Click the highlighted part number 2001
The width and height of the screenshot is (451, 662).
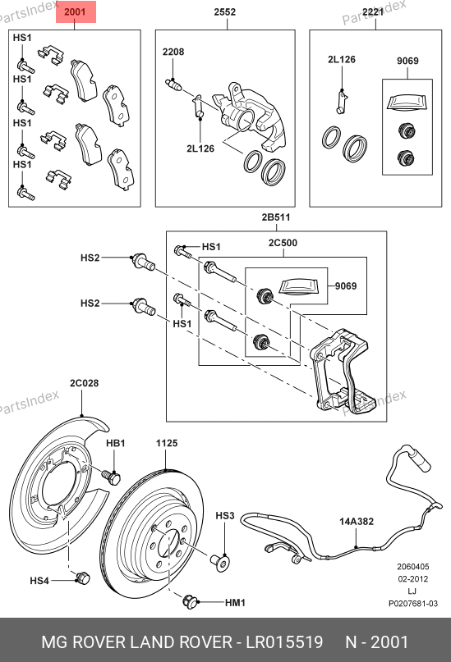[75, 11]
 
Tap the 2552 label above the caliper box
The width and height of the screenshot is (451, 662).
[224, 11]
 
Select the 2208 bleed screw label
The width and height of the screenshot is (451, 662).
[173, 52]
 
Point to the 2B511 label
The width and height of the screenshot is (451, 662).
[275, 217]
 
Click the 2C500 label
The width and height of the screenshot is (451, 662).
[283, 243]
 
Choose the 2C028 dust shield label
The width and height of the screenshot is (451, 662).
[84, 383]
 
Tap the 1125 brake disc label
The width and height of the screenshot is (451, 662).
[167, 443]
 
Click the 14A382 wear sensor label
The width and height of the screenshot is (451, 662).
[357, 522]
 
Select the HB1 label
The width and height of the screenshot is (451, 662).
[115, 443]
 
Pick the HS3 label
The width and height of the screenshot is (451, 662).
[225, 515]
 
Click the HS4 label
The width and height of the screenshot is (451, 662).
[39, 581]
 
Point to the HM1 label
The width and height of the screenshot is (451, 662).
[235, 602]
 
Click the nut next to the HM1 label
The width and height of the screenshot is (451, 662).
[191, 601]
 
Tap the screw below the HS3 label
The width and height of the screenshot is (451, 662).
[220, 563]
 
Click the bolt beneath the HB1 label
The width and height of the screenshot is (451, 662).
[111, 477]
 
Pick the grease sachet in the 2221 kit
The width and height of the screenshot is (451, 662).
[407, 103]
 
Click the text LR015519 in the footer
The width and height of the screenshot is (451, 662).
[284, 642]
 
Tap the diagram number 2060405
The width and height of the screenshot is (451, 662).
[412, 567]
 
